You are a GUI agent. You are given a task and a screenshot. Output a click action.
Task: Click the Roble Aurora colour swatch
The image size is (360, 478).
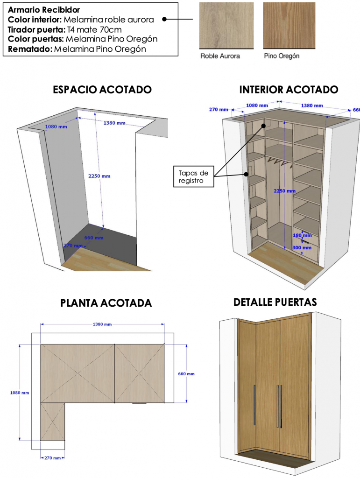[226, 25]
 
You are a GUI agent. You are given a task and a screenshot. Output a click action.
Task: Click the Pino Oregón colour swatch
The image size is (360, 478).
[289, 25]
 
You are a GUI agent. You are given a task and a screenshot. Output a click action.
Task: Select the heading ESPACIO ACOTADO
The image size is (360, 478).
[102, 90]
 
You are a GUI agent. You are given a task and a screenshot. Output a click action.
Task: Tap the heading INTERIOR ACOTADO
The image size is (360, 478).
[289, 90]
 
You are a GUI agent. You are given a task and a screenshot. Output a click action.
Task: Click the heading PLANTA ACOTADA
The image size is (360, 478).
[106, 303]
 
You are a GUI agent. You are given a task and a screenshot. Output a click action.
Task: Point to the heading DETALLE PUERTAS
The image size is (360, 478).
[275, 302]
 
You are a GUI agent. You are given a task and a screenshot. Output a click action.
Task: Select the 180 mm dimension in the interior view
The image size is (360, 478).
[302, 236]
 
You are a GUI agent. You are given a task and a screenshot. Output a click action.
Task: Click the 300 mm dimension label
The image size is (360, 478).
[302, 248]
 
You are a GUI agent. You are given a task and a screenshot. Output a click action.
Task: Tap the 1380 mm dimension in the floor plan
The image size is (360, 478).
[102, 324]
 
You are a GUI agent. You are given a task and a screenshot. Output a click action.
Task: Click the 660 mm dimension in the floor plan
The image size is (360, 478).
[186, 374]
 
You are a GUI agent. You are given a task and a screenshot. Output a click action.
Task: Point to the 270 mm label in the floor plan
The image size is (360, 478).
[52, 458]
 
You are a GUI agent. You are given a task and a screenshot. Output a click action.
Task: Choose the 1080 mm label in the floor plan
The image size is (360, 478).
[19, 393]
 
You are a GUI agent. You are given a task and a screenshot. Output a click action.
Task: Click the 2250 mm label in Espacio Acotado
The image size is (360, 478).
[99, 176]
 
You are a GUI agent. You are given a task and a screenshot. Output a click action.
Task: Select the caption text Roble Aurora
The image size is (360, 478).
[220, 56]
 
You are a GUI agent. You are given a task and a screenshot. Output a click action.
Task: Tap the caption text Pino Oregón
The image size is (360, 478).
[282, 56]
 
